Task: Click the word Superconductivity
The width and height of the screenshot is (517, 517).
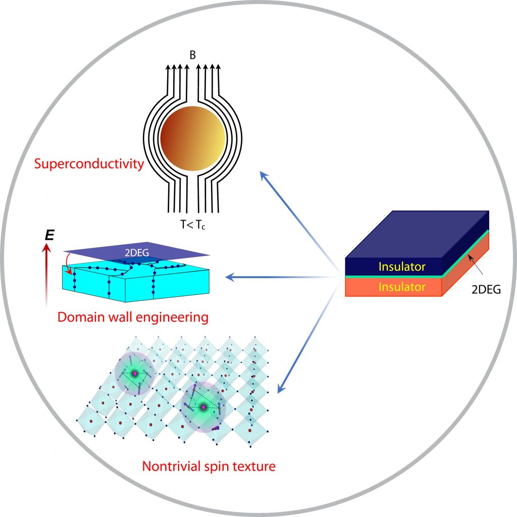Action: tap(89, 164)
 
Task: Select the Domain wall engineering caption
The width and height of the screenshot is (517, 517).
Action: tap(133, 318)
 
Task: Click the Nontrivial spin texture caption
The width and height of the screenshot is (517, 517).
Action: tap(209, 466)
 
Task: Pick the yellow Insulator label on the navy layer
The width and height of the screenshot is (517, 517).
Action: tap(402, 267)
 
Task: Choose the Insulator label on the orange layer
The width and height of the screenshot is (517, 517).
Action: tap(402, 287)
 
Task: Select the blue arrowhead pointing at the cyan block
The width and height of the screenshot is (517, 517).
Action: tap(229, 277)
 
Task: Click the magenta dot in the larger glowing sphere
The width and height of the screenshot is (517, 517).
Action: tap(203, 407)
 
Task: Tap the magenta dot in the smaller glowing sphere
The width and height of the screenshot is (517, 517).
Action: tap(134, 373)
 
